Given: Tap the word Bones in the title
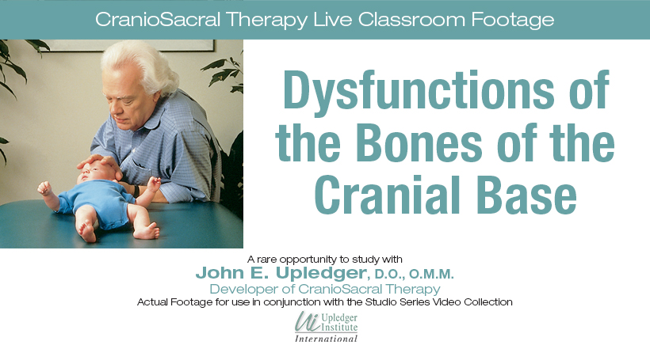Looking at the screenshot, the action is (x=419, y=143).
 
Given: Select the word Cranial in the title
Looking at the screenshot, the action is (x=387, y=195).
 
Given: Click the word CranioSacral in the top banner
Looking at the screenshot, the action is (x=158, y=20).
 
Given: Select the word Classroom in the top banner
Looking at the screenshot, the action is (x=411, y=20).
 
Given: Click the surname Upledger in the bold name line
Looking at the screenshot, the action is (x=321, y=273).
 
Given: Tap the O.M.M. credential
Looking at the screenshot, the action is (x=431, y=274).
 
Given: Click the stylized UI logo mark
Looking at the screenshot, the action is (x=308, y=322).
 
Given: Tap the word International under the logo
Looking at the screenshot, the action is (x=326, y=339).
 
